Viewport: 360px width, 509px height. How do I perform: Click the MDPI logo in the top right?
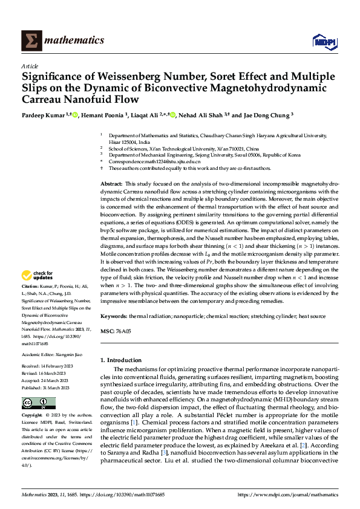[x=324, y=41]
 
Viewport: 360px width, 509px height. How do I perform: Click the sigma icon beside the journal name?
[x=29, y=41]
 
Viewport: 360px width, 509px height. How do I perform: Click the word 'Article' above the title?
[x=29, y=66]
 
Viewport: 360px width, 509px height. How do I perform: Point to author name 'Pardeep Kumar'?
[x=43, y=115]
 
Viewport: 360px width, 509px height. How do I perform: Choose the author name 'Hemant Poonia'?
[x=107, y=115]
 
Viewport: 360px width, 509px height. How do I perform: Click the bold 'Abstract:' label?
[x=111, y=183]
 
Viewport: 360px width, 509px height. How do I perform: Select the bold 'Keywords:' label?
[x=114, y=316]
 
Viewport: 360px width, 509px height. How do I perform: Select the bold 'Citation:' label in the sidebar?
[x=31, y=285]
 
